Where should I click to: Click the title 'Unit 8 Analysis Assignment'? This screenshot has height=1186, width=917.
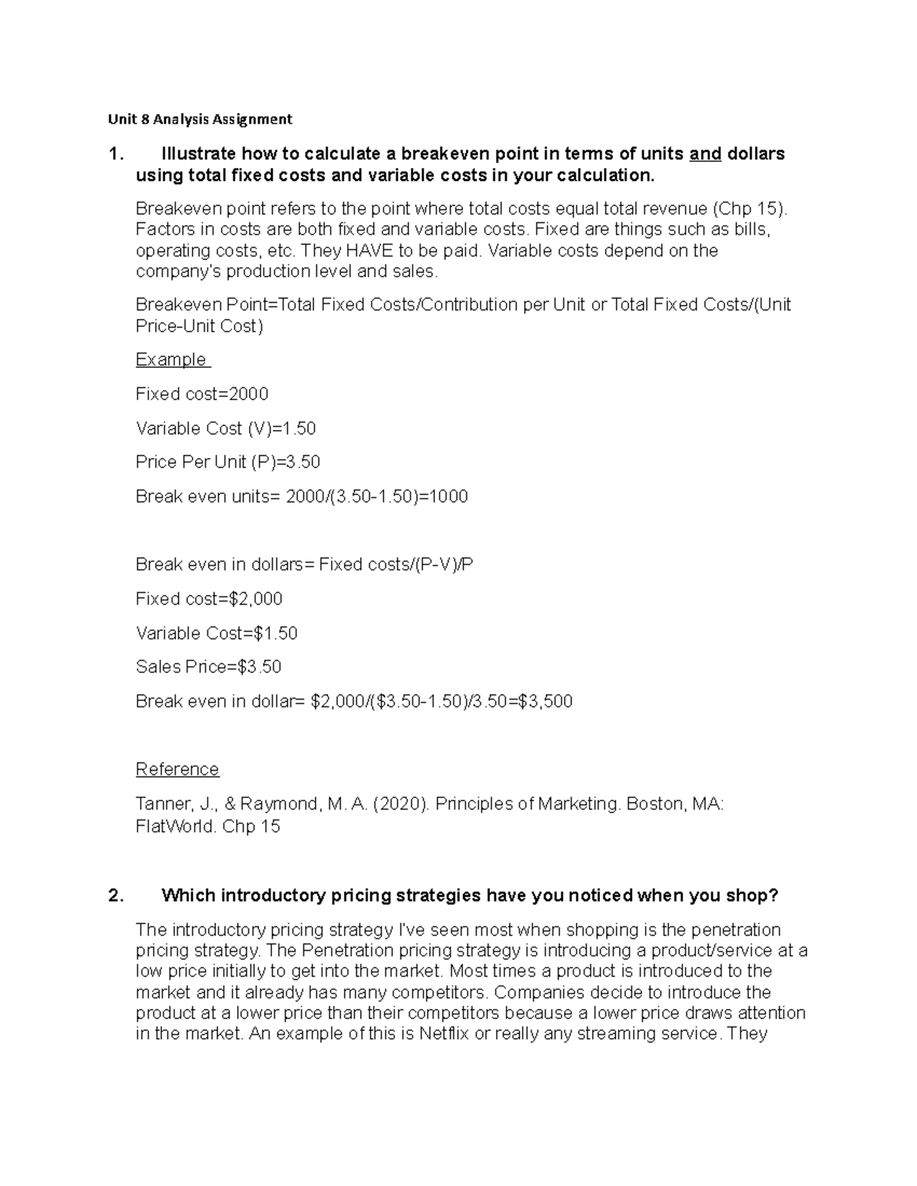(x=199, y=119)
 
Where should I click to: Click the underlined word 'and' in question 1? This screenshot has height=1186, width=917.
(x=705, y=154)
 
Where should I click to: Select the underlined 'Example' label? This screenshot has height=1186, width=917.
(x=171, y=360)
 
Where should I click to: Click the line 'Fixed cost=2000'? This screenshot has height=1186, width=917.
(x=202, y=394)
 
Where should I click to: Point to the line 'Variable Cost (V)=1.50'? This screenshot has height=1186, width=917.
(x=225, y=428)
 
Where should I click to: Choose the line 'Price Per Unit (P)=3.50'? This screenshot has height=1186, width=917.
(x=228, y=462)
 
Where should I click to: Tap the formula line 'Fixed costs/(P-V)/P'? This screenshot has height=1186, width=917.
(x=396, y=564)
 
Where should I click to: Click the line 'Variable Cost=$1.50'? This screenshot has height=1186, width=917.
(x=216, y=633)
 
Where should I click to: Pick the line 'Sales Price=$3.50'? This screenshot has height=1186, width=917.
(x=209, y=667)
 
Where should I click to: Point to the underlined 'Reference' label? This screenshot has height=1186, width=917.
(x=177, y=769)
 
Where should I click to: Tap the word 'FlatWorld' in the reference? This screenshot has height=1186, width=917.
(x=175, y=826)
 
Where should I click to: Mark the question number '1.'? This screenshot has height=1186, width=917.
(x=115, y=154)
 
